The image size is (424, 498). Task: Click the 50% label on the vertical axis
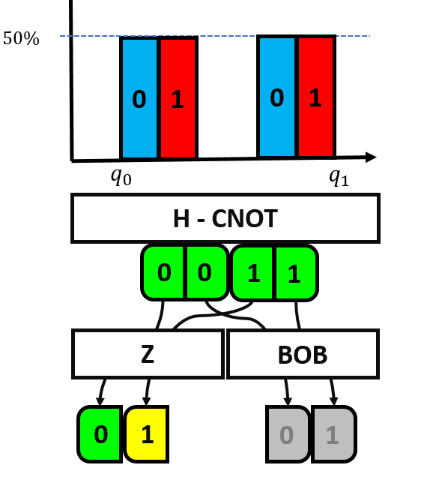(21, 39)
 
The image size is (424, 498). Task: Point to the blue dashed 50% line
(225, 36)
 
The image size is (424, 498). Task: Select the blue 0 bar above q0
(139, 98)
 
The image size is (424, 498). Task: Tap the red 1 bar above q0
(178, 98)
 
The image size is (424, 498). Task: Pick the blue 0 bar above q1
(277, 97)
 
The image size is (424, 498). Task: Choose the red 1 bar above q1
(315, 97)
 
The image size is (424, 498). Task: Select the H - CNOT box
(225, 219)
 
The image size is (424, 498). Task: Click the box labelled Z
(148, 354)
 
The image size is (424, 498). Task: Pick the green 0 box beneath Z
(100, 433)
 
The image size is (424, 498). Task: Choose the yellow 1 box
(147, 433)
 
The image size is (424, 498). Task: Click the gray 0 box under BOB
(288, 434)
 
